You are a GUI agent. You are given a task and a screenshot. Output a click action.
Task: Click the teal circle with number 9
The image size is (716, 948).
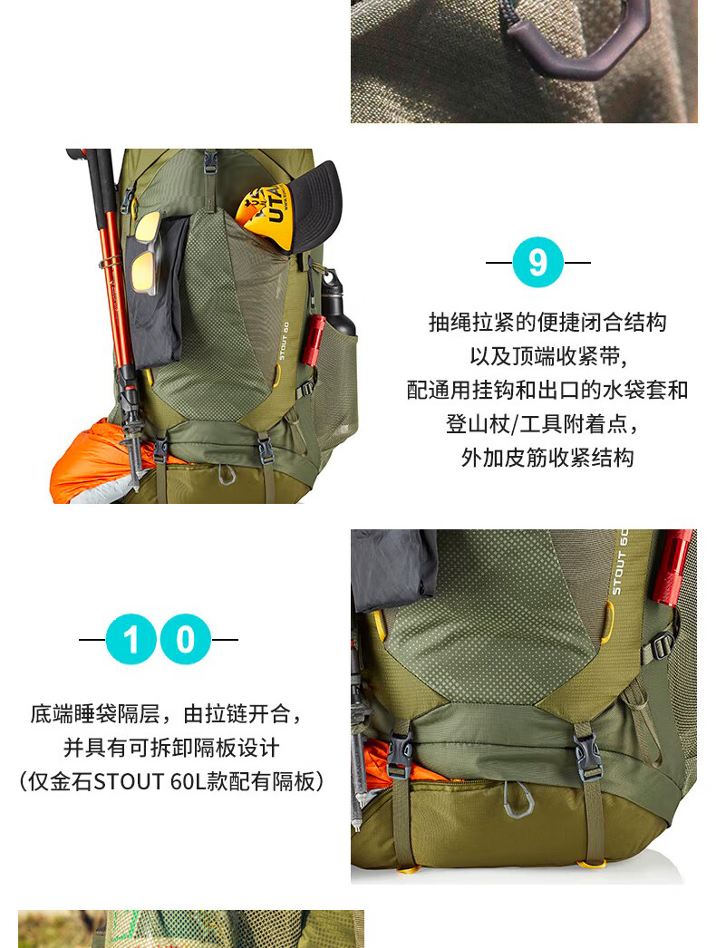coord(537,263)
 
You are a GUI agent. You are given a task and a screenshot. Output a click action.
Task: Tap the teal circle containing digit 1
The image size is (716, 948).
coord(131,639)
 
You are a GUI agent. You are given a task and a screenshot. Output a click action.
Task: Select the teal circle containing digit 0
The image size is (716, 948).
coord(186,639)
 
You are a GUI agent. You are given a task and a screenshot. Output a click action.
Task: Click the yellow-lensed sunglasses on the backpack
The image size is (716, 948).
coord(147,253)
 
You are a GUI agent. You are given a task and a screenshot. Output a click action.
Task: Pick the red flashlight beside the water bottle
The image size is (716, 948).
coord(314,340)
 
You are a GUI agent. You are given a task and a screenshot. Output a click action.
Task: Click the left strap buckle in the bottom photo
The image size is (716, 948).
coord(399,754)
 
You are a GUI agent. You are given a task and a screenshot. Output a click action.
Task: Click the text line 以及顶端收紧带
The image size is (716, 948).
coord(548,356)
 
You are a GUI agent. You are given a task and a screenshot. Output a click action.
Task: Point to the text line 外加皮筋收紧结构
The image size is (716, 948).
coord(547,458)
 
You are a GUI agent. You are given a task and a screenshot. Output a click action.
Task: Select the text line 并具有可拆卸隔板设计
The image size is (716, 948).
coord(171,748)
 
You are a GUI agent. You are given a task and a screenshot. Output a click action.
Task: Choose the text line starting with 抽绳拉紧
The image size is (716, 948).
coord(548,323)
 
